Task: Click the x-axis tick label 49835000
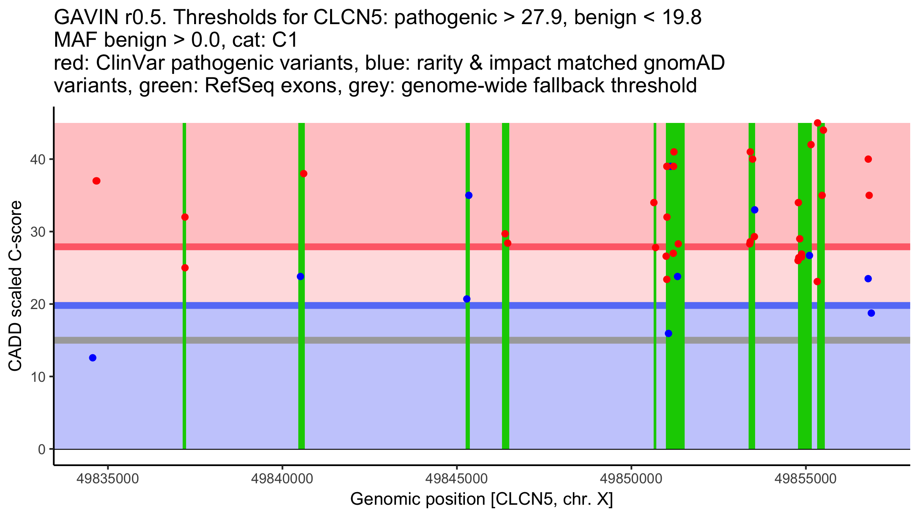108,479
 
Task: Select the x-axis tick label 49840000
282,479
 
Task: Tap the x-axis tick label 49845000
456,479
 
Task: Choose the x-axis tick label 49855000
806,479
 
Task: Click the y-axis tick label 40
38,159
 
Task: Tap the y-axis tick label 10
38,377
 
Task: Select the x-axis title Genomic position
481,499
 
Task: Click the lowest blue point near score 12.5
93,358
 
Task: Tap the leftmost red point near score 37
96,181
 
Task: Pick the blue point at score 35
469,195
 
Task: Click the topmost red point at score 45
818,123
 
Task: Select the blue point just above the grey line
669,334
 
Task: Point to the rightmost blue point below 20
871,313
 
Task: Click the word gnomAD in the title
684,63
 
